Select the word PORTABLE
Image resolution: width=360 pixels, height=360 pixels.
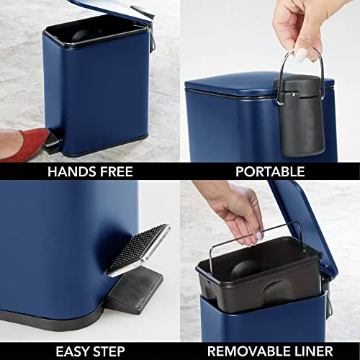(270, 171)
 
